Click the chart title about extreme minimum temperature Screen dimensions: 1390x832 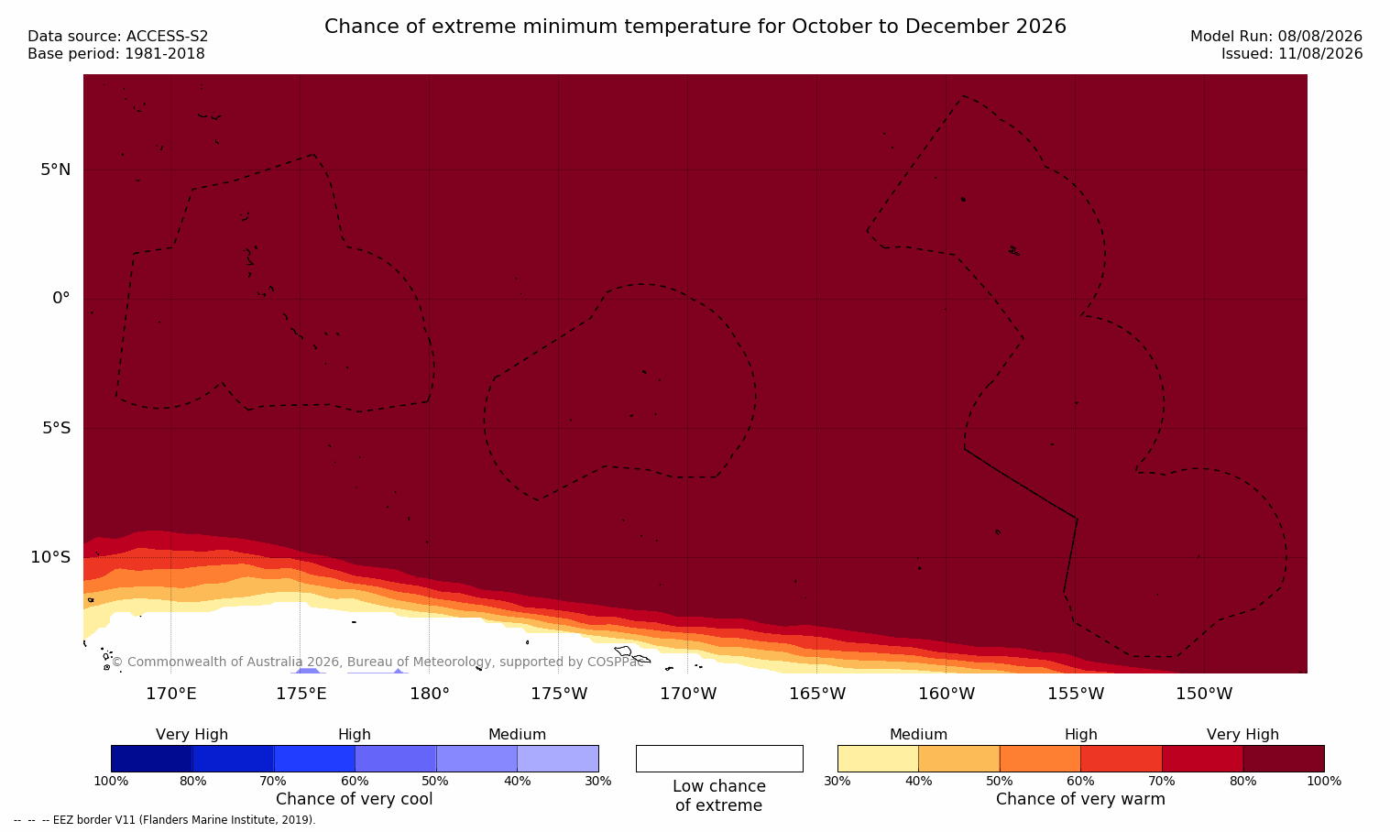695,27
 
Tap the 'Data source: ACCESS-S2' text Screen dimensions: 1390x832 118,37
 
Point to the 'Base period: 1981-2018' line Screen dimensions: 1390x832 116,54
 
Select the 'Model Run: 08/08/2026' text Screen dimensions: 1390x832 1275,37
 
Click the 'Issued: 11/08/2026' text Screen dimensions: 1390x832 1292,54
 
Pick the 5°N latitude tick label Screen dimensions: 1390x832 56,170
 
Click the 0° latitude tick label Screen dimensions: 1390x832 60,299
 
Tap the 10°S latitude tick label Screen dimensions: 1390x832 51,557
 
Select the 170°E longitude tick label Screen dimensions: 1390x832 171,694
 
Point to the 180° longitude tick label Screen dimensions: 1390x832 430,694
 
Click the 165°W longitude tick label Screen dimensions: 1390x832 817,694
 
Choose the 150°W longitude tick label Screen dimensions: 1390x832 1205,694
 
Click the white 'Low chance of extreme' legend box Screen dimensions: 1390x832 719,759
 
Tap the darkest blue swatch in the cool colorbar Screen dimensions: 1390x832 151,759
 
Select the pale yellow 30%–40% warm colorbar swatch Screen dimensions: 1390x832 878,759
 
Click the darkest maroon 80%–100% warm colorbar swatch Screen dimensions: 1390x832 1284,759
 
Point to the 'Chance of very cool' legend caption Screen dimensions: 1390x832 355,799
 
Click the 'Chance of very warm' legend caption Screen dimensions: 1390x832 1080,799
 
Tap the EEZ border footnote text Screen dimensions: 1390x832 164,820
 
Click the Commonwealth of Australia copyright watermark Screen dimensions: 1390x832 378,662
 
